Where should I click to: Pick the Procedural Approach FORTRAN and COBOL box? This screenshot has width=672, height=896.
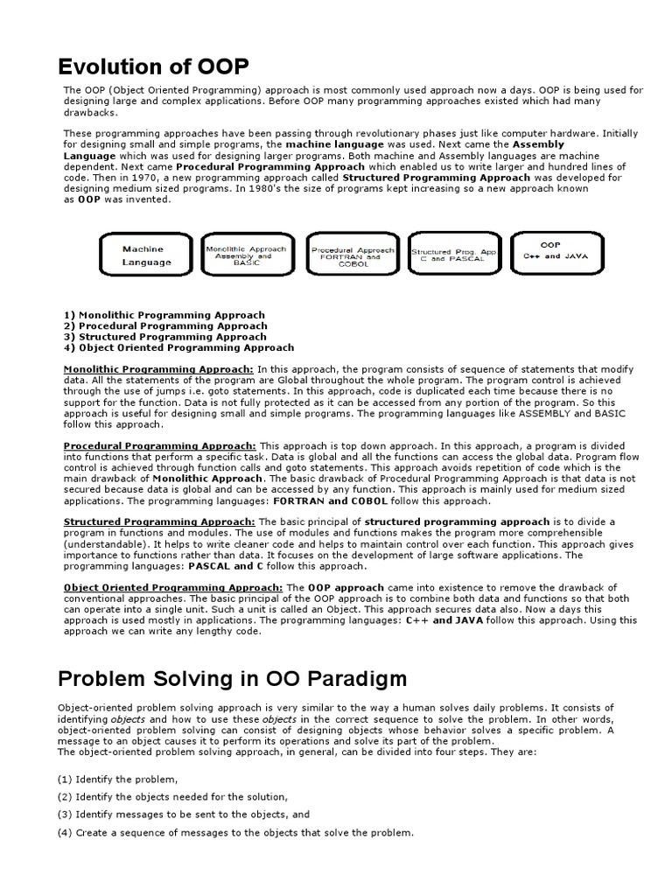pyautogui.click(x=353, y=255)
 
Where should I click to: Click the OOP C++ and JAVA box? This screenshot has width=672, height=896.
pyautogui.click(x=551, y=251)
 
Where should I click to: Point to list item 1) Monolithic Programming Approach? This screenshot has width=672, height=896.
pyautogui.click(x=164, y=315)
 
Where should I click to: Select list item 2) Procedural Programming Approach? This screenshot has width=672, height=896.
pyautogui.click(x=165, y=325)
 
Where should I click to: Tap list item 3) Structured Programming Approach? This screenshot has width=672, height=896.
pyautogui.click(x=165, y=336)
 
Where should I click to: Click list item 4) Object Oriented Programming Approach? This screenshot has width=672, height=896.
pyautogui.click(x=179, y=347)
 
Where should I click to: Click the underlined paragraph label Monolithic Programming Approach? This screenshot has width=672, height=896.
pyautogui.click(x=158, y=369)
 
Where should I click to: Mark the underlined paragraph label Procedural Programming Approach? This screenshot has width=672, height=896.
pyautogui.click(x=160, y=445)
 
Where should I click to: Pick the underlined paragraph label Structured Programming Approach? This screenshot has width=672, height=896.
pyautogui.click(x=160, y=521)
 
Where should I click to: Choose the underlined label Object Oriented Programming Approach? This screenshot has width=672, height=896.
pyautogui.click(x=173, y=587)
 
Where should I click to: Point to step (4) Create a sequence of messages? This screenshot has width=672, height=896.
pyautogui.click(x=235, y=832)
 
